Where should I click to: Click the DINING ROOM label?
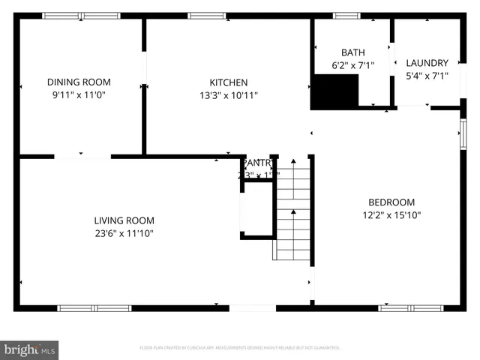pyautogui.click(x=79, y=82)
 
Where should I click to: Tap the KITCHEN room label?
pyautogui.click(x=228, y=82)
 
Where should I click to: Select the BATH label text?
pyautogui.click(x=352, y=52)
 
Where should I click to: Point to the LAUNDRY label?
pyautogui.click(x=427, y=63)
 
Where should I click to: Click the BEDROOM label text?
pyautogui.click(x=391, y=202)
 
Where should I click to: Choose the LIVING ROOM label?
pyautogui.click(x=124, y=220)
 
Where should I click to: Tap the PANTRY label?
pyautogui.click(x=258, y=163)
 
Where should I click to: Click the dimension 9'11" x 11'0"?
pyautogui.click(x=79, y=95)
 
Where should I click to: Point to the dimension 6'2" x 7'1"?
pyautogui.click(x=352, y=65)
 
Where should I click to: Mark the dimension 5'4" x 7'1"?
pyautogui.click(x=427, y=76)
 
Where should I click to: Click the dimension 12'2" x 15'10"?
pyautogui.click(x=391, y=216)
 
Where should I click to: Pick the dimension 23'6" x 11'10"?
pyautogui.click(x=124, y=233)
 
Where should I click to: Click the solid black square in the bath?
pyautogui.click(x=334, y=92)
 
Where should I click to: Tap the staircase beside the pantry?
pyautogui.click(x=292, y=210)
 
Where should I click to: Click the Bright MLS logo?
pyautogui.click(x=29, y=349)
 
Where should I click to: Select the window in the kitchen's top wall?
pyautogui.click(x=205, y=15)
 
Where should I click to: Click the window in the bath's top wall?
pyautogui.click(x=346, y=15)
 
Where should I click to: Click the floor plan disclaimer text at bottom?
pyautogui.click(x=240, y=348)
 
